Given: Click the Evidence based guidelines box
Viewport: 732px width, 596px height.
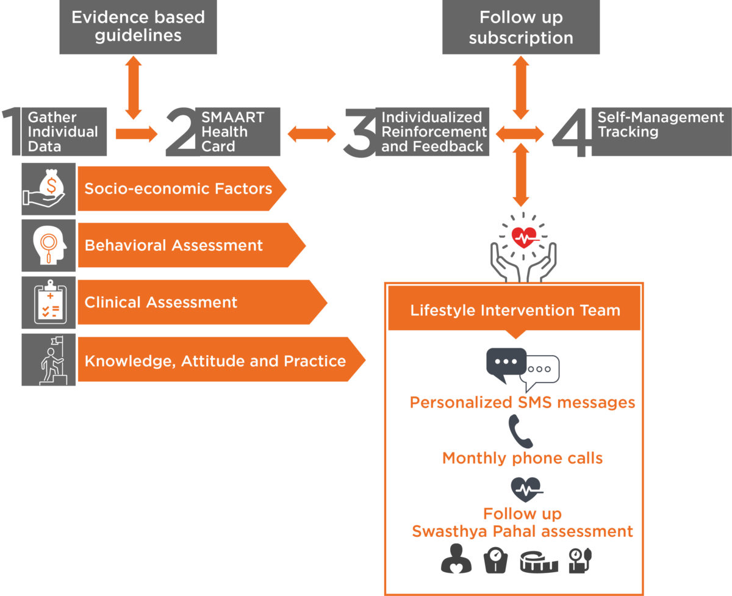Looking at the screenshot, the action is point(138,27).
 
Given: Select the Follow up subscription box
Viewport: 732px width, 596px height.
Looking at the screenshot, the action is point(521,27).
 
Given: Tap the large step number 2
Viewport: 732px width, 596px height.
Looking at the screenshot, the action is point(181,132).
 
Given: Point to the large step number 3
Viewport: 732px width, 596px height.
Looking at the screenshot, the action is point(360,133).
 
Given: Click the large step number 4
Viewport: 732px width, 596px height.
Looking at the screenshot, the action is point(572,133).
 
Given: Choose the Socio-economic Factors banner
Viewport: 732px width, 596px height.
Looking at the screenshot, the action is point(182,188).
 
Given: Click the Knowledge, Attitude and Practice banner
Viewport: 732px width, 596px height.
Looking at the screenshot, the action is point(221,359).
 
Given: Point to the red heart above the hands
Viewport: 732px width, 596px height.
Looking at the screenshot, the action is point(524,237).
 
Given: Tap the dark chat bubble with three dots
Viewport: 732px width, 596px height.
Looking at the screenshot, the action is point(506,364).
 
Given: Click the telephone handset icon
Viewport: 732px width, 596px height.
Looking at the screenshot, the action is point(520,431).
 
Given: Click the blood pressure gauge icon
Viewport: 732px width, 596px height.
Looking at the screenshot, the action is point(580,561).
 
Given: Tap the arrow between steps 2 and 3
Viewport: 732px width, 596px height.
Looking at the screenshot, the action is point(312,134).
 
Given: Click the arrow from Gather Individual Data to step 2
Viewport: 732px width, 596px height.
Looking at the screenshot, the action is point(137,134).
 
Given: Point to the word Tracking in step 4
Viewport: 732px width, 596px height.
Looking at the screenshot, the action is point(628,132).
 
